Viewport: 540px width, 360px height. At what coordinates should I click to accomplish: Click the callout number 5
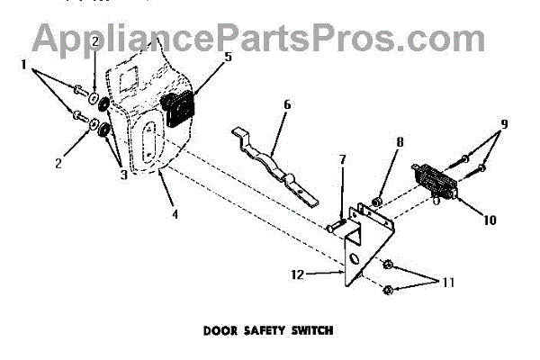[229, 57]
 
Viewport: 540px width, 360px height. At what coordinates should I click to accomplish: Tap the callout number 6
[286, 104]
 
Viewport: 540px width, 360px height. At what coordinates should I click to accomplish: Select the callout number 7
[342, 159]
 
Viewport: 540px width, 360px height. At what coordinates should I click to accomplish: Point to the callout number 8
[400, 141]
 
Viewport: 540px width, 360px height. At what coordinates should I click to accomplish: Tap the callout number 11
[447, 282]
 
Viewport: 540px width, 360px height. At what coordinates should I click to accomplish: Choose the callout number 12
[298, 273]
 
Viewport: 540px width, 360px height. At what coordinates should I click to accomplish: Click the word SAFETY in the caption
[269, 329]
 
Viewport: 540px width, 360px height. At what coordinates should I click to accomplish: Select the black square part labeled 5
[176, 112]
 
